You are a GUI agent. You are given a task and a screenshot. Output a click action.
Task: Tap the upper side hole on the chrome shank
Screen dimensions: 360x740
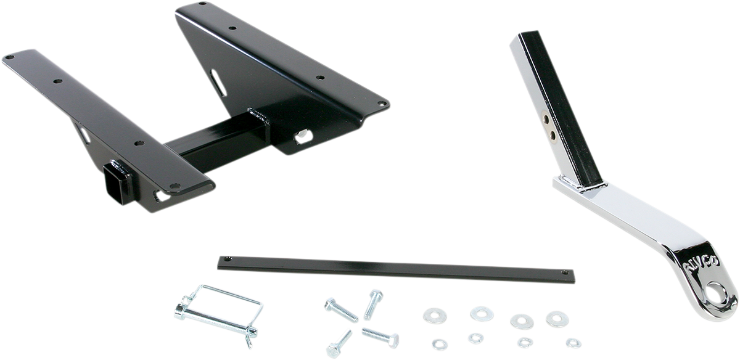tap(546, 117)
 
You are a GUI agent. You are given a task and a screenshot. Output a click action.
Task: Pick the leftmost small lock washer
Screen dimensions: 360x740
tap(440, 343)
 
